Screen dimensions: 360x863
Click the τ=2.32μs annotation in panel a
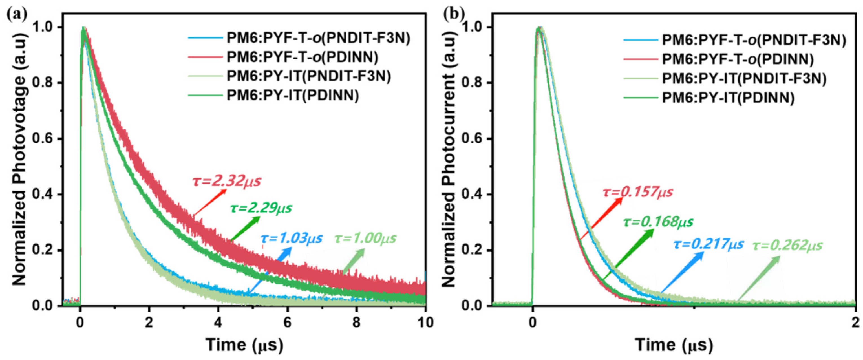[x=227, y=181]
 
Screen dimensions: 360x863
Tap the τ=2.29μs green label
[x=261, y=208]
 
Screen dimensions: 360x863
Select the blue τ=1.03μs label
[x=292, y=238]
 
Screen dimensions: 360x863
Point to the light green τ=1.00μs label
[x=365, y=238]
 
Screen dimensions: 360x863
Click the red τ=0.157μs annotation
[x=637, y=192]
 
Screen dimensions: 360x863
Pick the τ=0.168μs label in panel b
[x=658, y=222]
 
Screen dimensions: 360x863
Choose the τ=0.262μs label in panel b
[x=787, y=246]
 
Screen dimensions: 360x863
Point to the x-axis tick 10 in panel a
[x=425, y=323]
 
